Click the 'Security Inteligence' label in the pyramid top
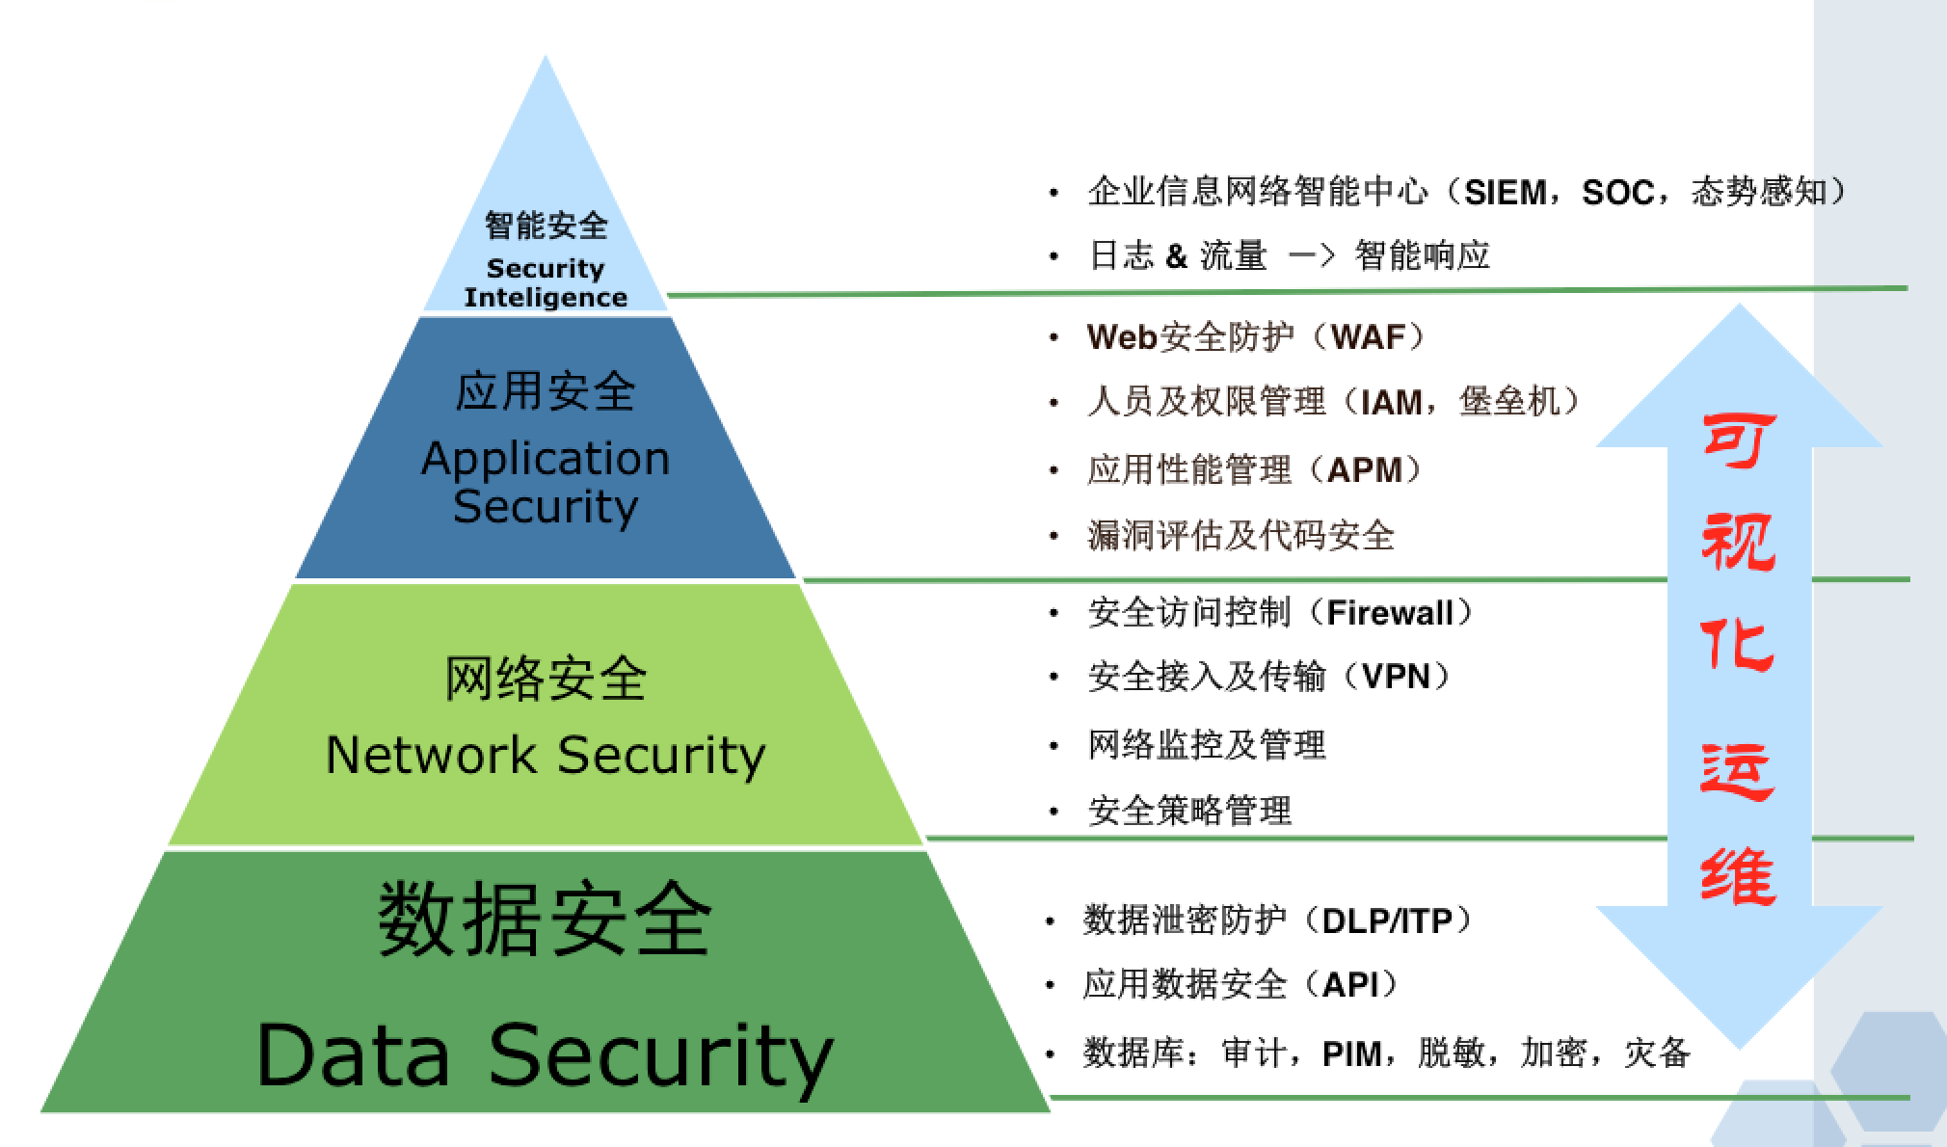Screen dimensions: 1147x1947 tap(546, 283)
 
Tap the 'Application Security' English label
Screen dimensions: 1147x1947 tap(546, 482)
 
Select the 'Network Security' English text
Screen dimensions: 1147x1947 tap(546, 755)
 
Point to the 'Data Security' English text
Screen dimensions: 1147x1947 tap(546, 1056)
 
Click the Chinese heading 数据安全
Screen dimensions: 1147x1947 tap(546, 920)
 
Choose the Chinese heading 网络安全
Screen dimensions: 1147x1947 tap(546, 679)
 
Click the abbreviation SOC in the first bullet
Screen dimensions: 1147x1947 tap(1618, 193)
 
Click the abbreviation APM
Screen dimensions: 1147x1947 tap(1364, 470)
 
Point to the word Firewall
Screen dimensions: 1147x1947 tap(1390, 613)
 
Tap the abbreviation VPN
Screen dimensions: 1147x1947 tap(1397, 677)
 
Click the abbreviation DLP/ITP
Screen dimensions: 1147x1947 tap(1387, 921)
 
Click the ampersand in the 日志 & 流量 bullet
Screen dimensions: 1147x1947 tap(1176, 256)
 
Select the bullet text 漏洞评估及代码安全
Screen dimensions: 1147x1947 tap(1240, 536)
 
